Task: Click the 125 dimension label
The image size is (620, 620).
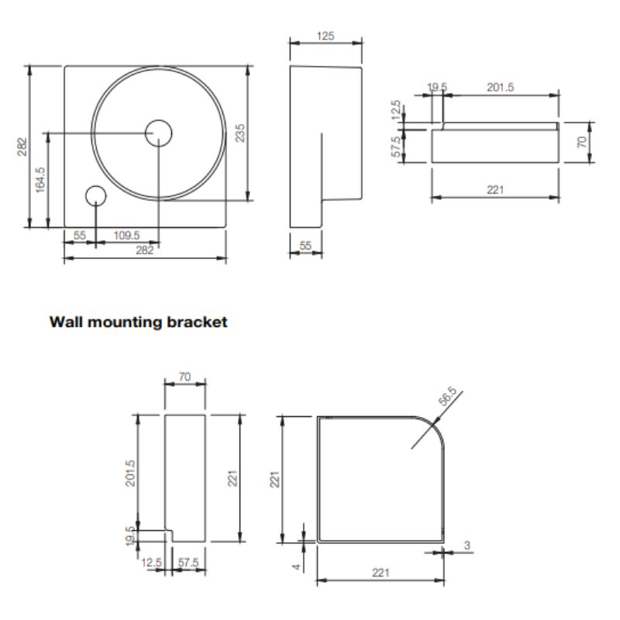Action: pyautogui.click(x=325, y=36)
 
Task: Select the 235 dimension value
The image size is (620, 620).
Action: pyautogui.click(x=240, y=133)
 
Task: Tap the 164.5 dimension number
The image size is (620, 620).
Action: pyautogui.click(x=41, y=180)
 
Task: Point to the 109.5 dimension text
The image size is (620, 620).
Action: pyautogui.click(x=126, y=236)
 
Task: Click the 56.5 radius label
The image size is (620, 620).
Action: pyautogui.click(x=448, y=396)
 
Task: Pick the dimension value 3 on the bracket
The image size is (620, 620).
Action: pyautogui.click(x=467, y=546)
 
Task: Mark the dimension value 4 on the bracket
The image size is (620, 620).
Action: pyautogui.click(x=296, y=567)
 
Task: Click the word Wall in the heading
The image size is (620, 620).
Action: pyautogui.click(x=66, y=322)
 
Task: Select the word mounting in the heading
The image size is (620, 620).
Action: pyautogui.click(x=125, y=322)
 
